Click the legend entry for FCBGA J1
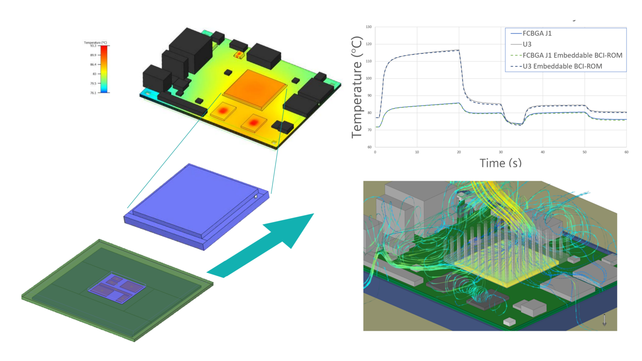coord(537,33)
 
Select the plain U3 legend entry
coord(527,44)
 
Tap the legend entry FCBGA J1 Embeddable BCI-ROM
coord(572,55)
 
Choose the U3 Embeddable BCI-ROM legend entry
coord(562,66)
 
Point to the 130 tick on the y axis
coord(368,27)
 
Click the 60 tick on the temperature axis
coord(369,147)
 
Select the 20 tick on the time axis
coord(459,152)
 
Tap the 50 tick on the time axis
coord(584,152)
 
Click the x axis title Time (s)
coord(500,163)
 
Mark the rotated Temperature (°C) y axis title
coord(357,87)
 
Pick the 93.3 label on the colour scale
coord(93,46)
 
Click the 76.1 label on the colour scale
coord(93,93)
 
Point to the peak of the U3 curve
coord(458,50)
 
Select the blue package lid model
coord(196,205)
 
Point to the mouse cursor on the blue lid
coord(256,196)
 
